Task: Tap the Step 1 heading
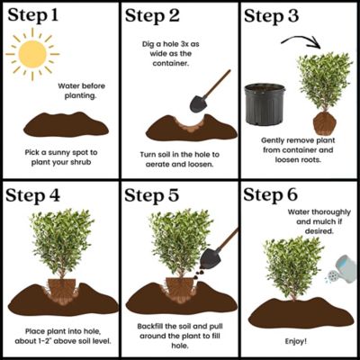(x=37, y=15)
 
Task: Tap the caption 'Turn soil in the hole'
(x=179, y=158)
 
